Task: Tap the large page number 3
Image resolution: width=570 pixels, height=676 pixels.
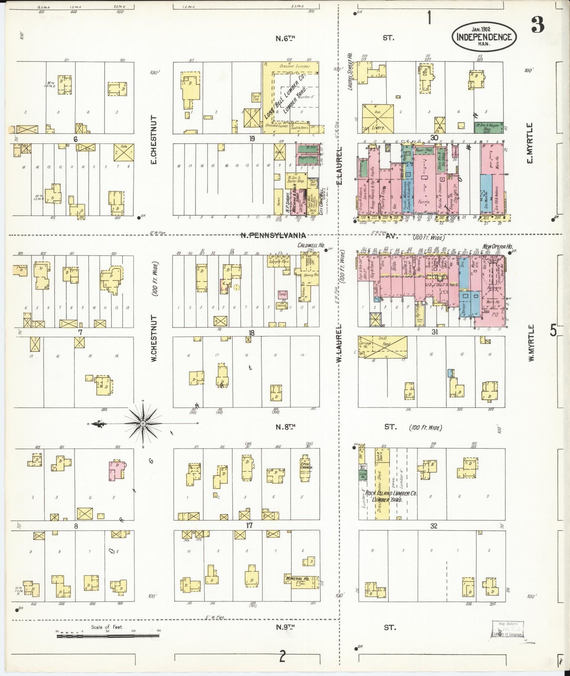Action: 538,25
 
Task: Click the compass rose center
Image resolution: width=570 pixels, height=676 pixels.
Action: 143,424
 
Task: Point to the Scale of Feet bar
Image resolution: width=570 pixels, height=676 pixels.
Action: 108,636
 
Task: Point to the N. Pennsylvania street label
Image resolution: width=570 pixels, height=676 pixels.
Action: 273,235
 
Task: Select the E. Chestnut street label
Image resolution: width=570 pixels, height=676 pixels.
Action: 154,140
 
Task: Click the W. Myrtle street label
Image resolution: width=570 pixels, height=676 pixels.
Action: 531,343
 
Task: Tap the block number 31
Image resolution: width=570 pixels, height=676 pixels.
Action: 434,332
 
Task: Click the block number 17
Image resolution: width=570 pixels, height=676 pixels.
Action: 249,525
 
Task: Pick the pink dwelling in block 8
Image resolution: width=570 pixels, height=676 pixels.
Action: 117,470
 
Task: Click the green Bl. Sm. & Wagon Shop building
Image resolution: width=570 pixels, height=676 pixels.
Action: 488,127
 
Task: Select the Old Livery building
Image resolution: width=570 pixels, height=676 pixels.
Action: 378,119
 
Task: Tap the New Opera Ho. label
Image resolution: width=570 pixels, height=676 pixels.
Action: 497,246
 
